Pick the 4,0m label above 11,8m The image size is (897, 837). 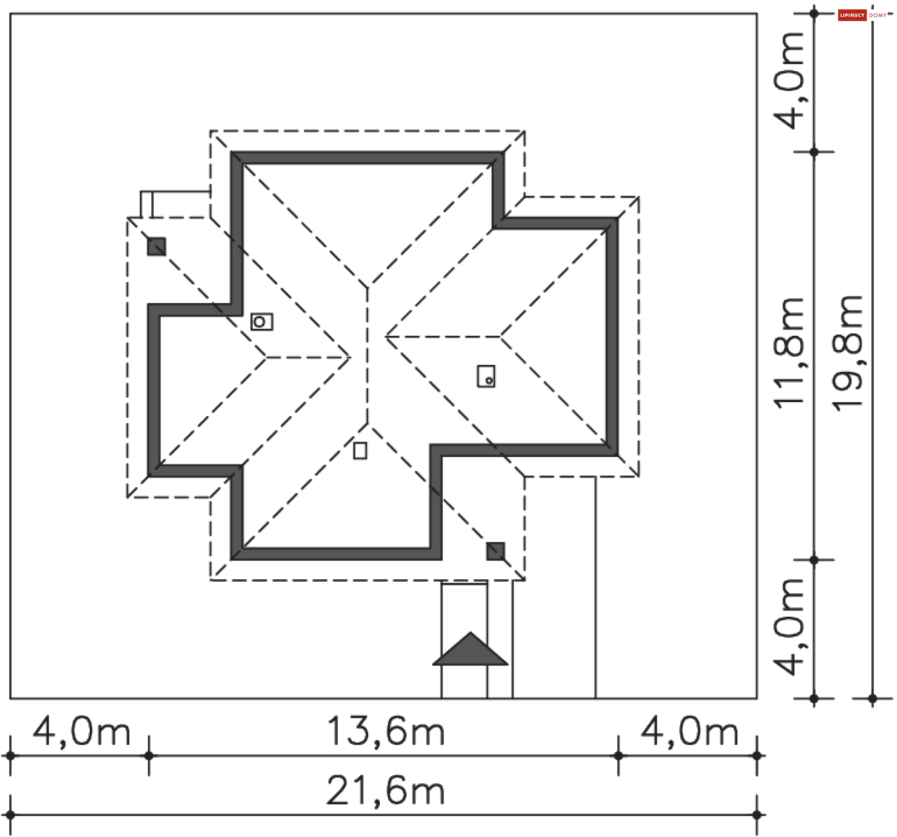(x=789, y=80)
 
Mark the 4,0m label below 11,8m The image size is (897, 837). (x=789, y=627)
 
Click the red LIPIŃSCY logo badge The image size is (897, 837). (x=852, y=15)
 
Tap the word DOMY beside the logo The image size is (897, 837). (x=878, y=15)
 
